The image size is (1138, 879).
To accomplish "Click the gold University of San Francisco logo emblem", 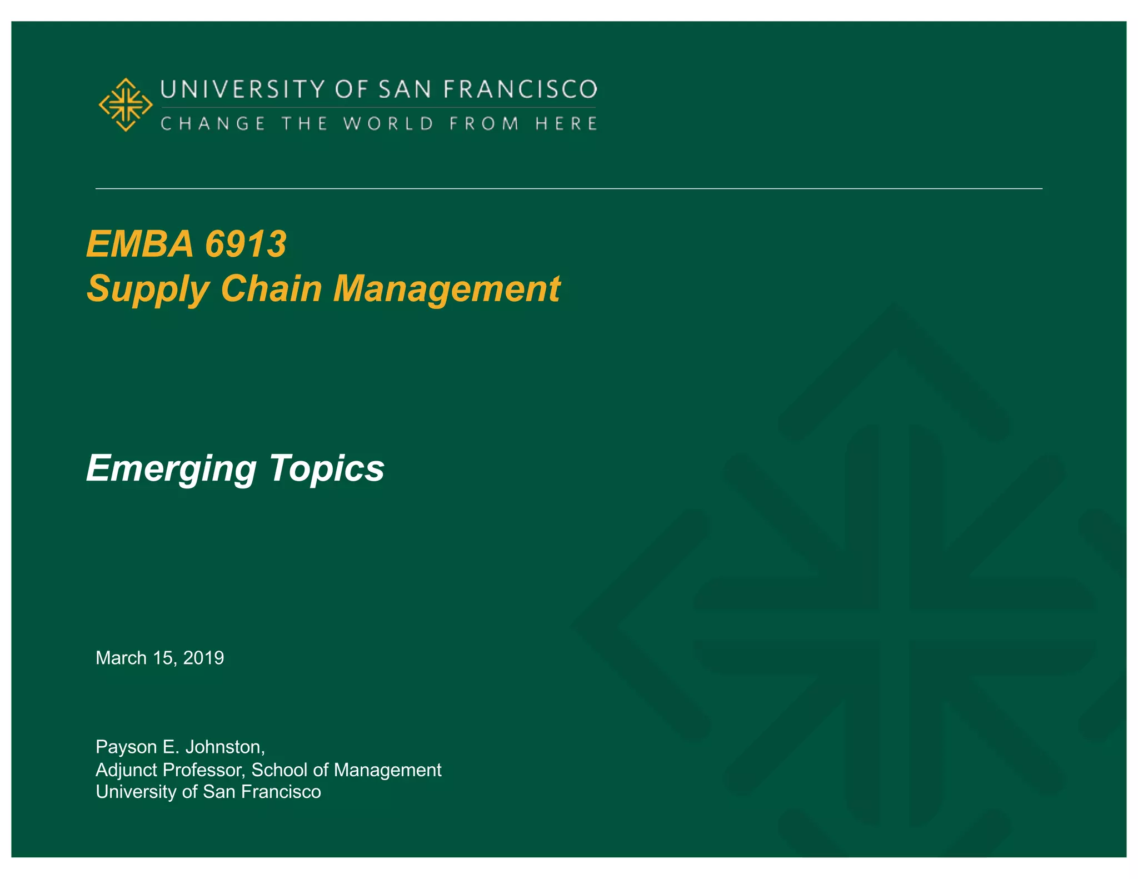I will [x=126, y=104].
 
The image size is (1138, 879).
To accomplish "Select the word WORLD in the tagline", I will [x=388, y=123].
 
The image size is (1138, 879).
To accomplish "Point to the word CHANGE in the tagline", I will [x=213, y=123].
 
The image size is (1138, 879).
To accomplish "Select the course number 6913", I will [x=246, y=244].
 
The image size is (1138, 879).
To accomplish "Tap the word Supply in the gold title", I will [x=148, y=289].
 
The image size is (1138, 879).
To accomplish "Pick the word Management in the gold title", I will [x=447, y=289].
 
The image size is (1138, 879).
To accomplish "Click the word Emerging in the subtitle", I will [x=171, y=468].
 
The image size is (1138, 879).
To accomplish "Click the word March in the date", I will [x=121, y=658].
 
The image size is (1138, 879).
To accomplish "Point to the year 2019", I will [x=203, y=658].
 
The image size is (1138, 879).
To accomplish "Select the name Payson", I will [x=126, y=747].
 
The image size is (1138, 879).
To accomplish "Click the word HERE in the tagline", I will [x=566, y=123].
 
